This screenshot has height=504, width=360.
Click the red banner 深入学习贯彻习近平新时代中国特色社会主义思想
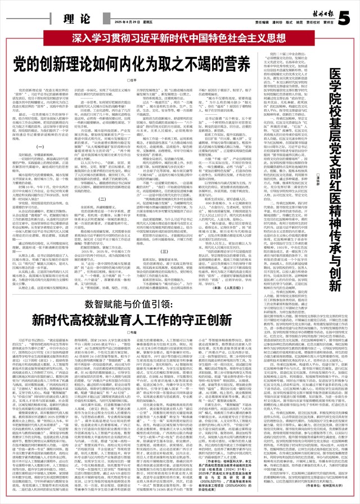(179, 39)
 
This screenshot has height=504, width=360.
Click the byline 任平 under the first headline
(133, 80)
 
